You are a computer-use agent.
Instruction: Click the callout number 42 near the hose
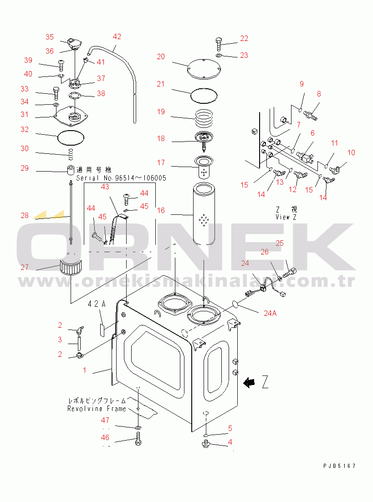tap(117, 36)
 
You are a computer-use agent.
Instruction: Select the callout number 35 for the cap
tap(49, 37)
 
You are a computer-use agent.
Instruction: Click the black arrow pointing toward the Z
tap(249, 383)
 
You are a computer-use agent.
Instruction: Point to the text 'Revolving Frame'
tap(97, 408)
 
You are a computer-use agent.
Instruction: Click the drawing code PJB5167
tap(339, 466)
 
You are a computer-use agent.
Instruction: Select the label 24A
tap(270, 313)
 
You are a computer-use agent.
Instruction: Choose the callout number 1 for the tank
tap(84, 370)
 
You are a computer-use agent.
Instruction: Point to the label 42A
tap(97, 304)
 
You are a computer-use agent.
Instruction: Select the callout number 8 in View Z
tap(319, 94)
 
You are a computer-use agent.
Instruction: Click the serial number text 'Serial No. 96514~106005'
tap(121, 178)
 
